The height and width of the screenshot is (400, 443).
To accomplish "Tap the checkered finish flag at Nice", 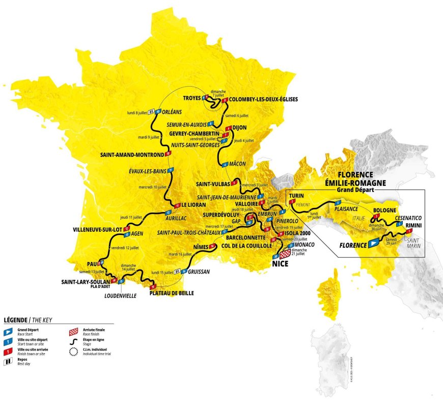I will point(285,253).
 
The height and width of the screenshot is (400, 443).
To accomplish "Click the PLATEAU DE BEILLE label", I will point(172,293).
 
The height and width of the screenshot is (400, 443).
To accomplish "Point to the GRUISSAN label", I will point(199,272).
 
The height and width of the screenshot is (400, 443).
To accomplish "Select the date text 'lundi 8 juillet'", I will point(137,112).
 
